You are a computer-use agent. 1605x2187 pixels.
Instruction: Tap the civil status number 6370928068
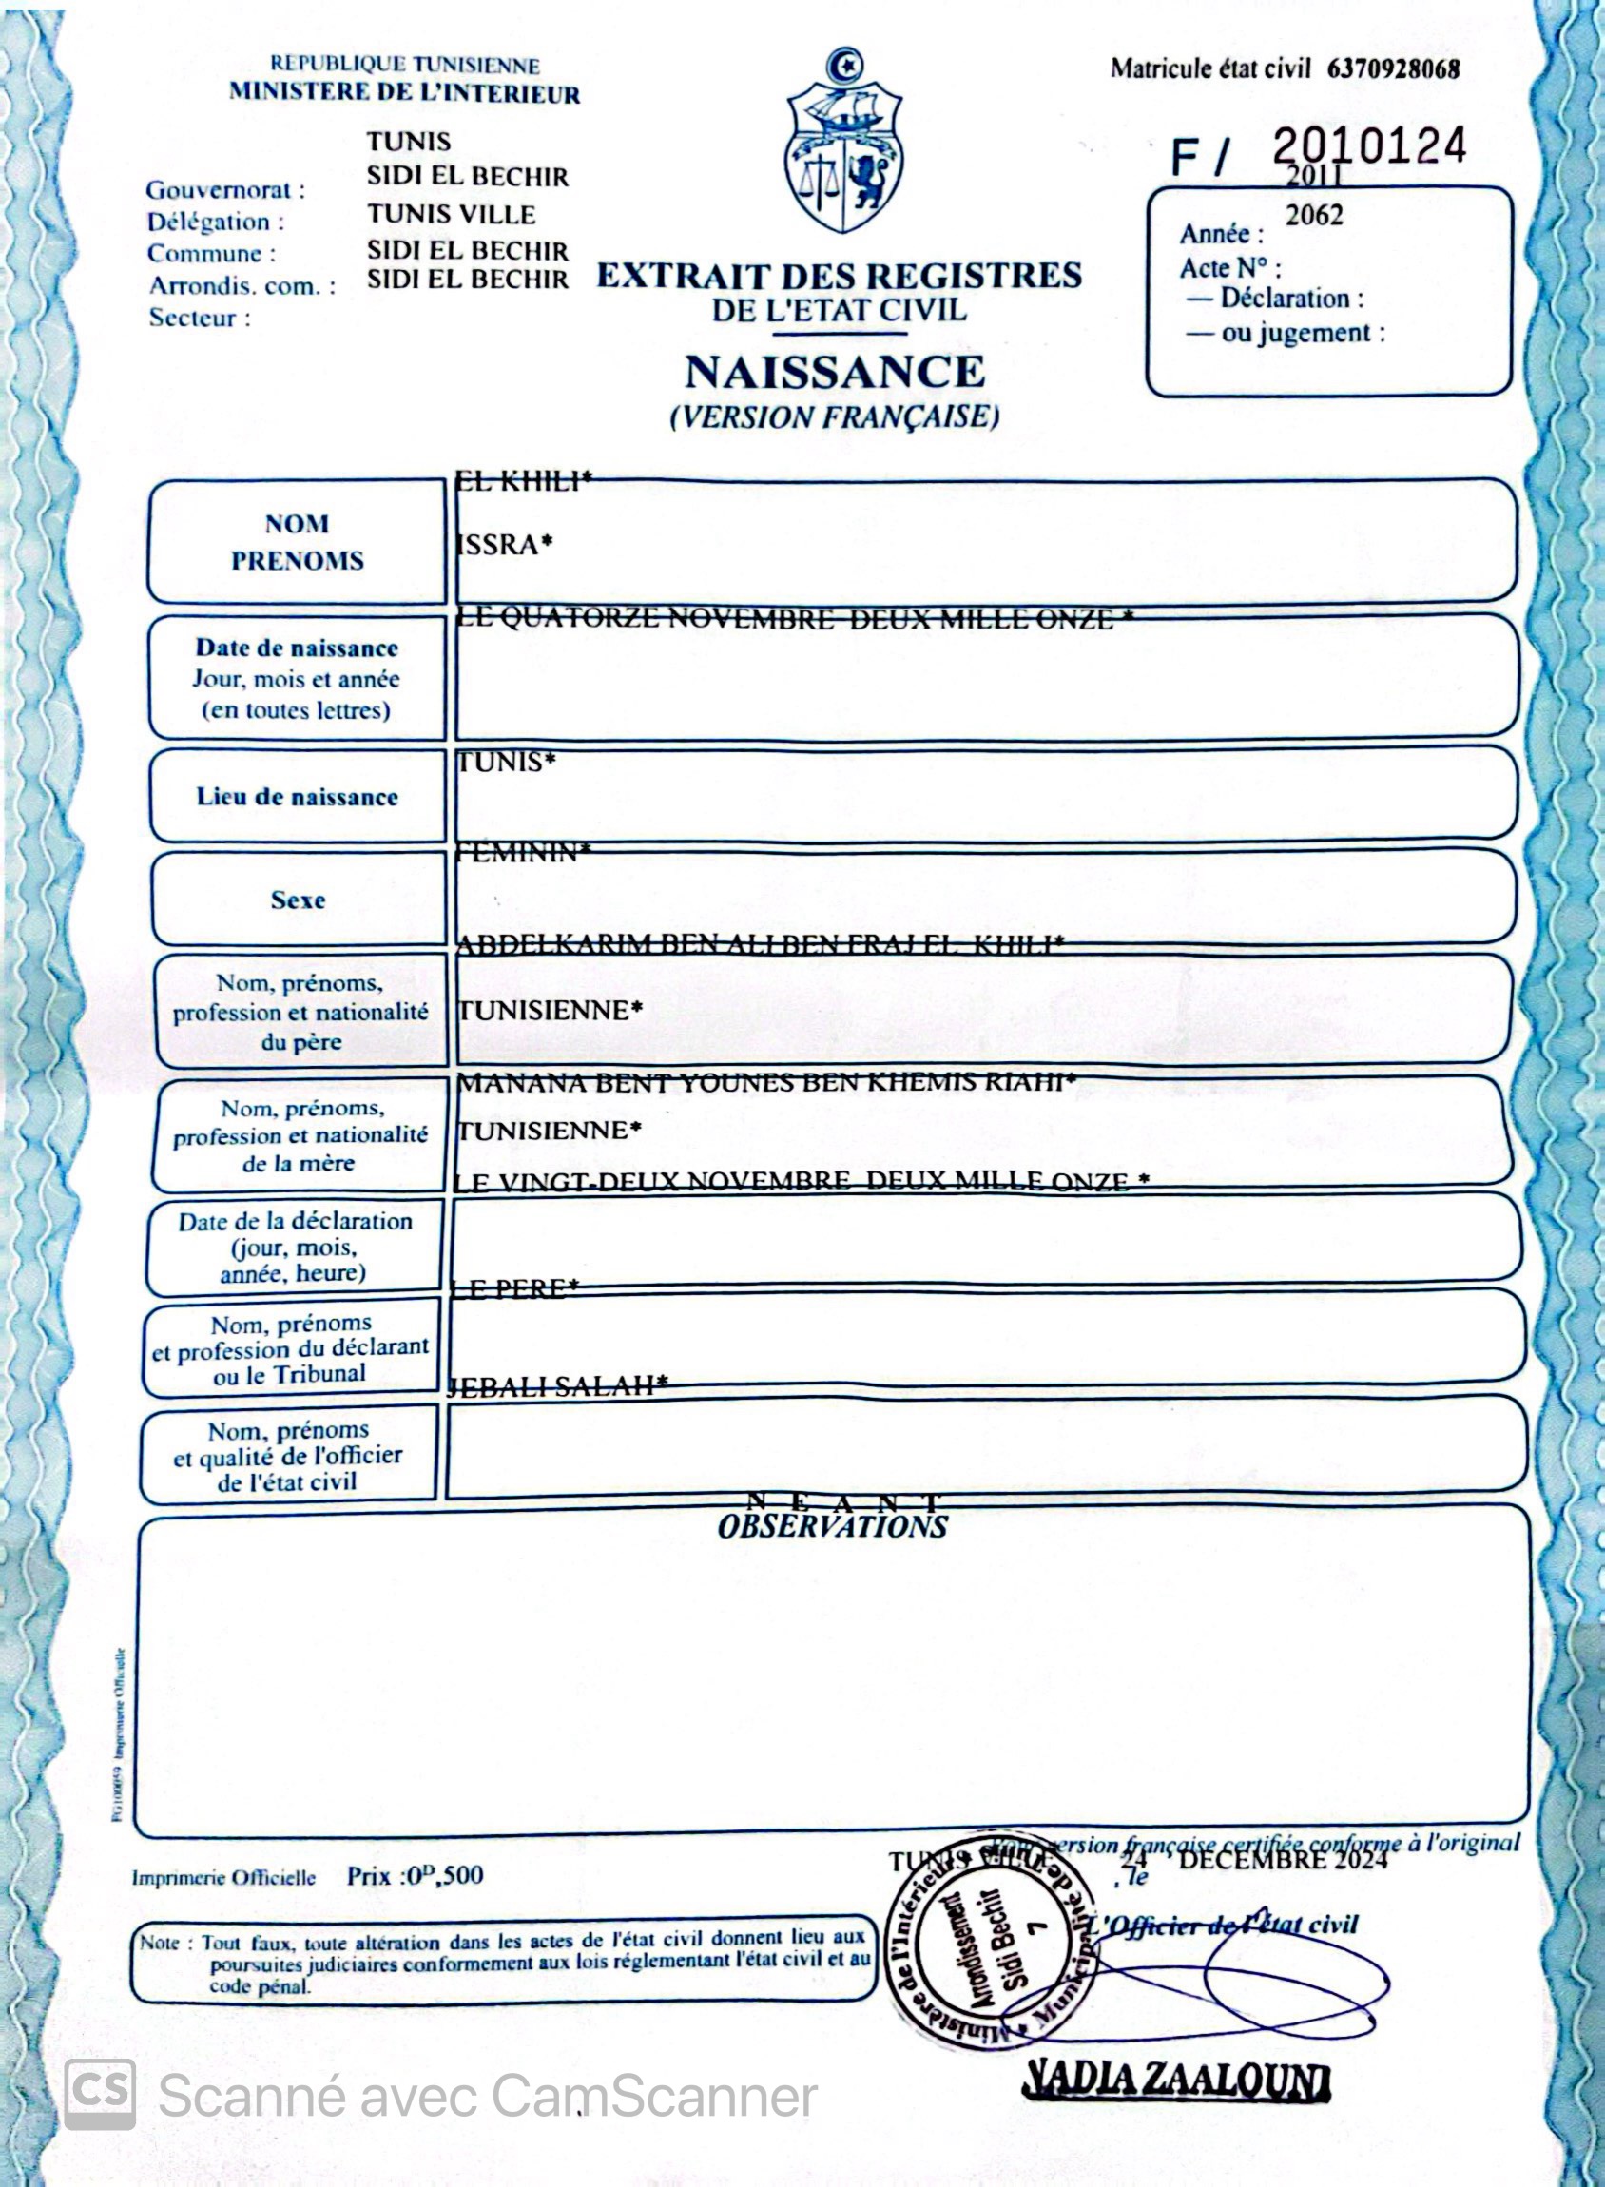[1392, 69]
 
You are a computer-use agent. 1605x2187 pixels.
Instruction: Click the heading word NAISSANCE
[835, 372]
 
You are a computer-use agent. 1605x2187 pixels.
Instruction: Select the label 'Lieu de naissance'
[298, 798]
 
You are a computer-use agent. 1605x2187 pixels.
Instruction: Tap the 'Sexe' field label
[298, 900]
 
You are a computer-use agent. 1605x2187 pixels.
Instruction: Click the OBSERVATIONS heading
[833, 1527]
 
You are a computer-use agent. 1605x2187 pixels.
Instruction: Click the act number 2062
[1313, 215]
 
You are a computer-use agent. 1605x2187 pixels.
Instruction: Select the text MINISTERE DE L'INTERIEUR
[404, 94]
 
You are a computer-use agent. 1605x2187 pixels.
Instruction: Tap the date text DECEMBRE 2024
[1283, 1860]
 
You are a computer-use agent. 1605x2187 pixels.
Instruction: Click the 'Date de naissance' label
[298, 648]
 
